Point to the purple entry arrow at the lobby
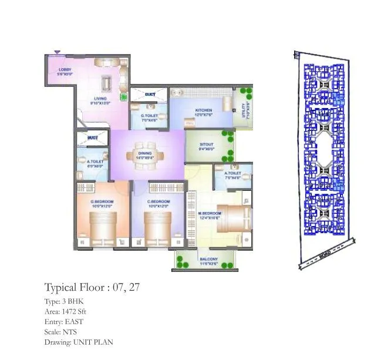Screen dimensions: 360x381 point(57,52)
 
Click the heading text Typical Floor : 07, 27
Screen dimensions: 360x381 point(92,288)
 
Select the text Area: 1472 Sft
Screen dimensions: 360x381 point(66,311)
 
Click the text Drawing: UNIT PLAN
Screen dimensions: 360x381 point(79,342)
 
